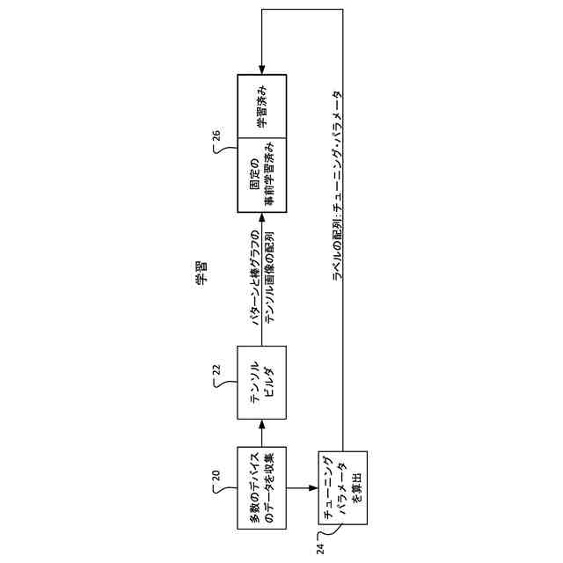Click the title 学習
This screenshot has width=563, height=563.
point(201,274)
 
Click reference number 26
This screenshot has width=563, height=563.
point(216,135)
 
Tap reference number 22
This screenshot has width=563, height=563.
point(216,370)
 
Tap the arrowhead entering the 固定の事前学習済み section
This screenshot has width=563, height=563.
point(262,215)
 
